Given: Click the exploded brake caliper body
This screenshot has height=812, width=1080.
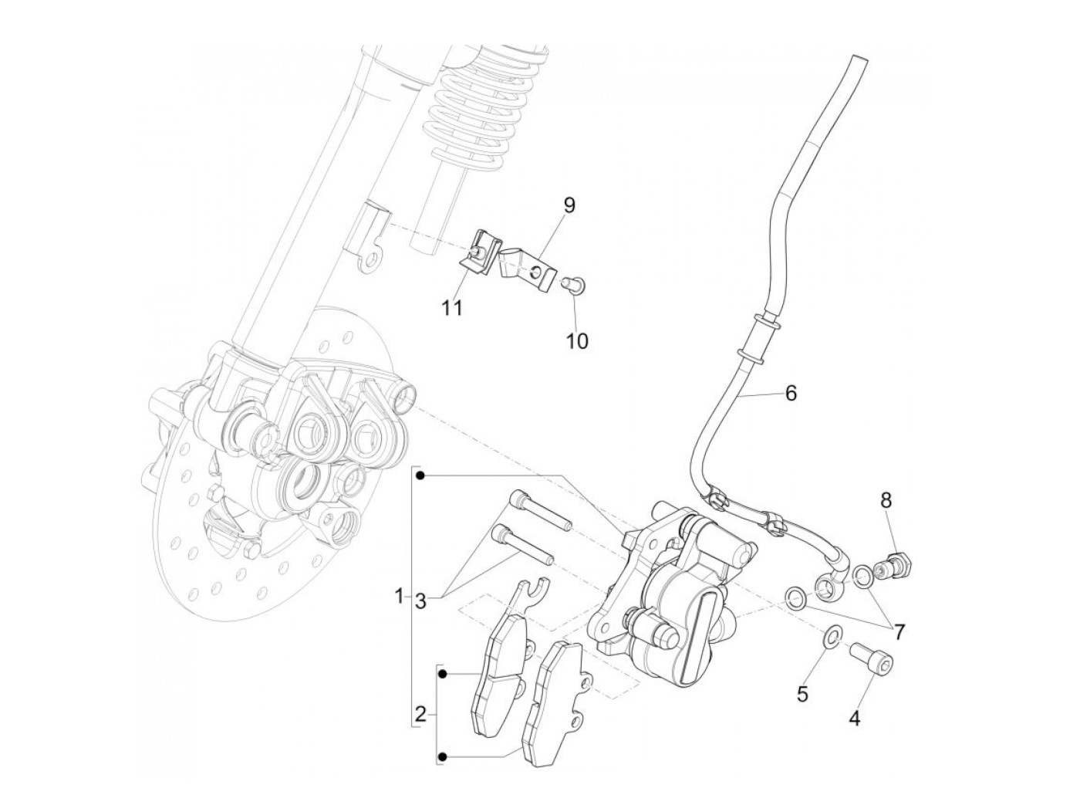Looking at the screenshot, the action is click(x=672, y=598).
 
